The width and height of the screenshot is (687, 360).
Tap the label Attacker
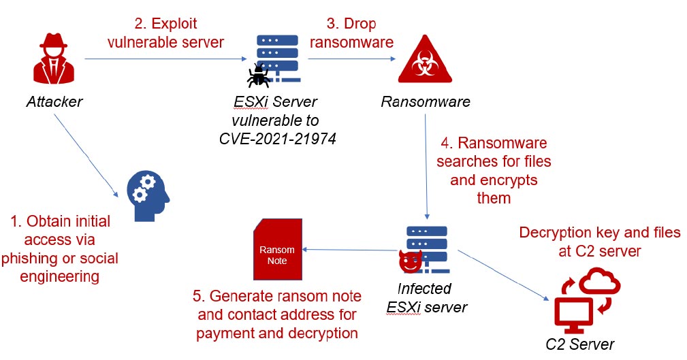(x=54, y=102)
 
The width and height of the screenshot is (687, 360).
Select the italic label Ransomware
(x=426, y=102)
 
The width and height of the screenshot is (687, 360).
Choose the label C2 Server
(x=580, y=344)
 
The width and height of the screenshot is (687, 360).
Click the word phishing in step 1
(x=27, y=259)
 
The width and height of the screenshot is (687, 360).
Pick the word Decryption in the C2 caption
(x=554, y=233)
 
